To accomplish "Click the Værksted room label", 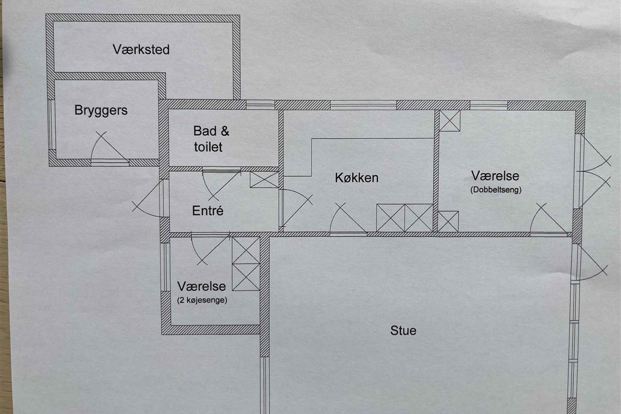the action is pyautogui.click(x=141, y=50).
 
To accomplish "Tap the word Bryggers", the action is pyautogui.click(x=101, y=111).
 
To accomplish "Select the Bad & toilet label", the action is pyautogui.click(x=211, y=139).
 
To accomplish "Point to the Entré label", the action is pyautogui.click(x=208, y=211).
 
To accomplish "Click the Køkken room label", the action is pyautogui.click(x=357, y=178).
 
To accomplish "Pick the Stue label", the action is pyautogui.click(x=403, y=331).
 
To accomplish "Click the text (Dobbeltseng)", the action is pyautogui.click(x=496, y=190).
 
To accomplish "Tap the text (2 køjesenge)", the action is pyautogui.click(x=202, y=300).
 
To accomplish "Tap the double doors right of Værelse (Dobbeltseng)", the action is pyautogui.click(x=593, y=171).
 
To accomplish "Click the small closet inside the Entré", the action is pyautogui.click(x=264, y=180).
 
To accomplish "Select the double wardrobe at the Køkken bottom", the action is pyautogui.click(x=405, y=218).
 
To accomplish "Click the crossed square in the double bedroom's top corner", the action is pyautogui.click(x=450, y=121).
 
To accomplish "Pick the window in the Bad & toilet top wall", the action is pyautogui.click(x=260, y=105).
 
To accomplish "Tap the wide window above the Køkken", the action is pyautogui.click(x=363, y=105).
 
